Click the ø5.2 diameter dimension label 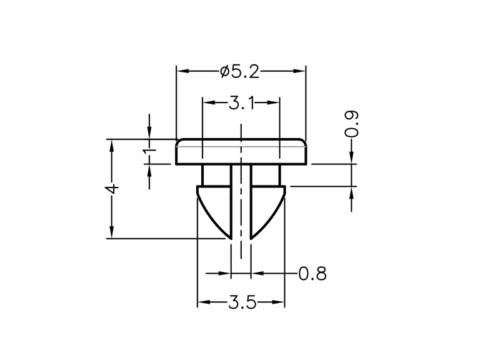click(239, 72)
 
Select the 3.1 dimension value click(241, 103)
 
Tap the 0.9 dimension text click(352, 124)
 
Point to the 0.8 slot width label click(312, 274)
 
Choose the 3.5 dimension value click(242, 302)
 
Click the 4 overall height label click(112, 189)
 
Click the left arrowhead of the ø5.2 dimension click(183, 71)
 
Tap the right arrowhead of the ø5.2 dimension click(299, 71)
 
